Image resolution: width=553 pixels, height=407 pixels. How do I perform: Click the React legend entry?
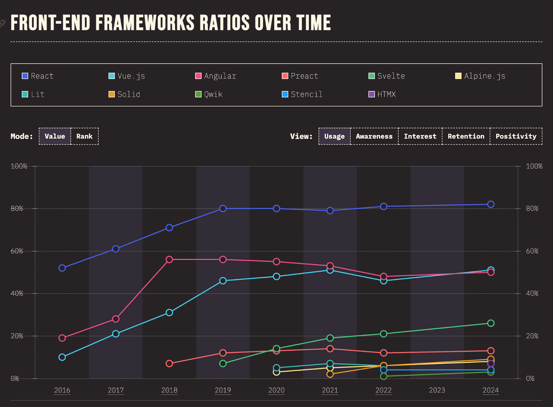[x=38, y=76]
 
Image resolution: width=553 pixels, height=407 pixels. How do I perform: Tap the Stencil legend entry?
[x=302, y=94]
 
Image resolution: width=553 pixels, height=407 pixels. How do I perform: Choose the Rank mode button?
[x=84, y=136]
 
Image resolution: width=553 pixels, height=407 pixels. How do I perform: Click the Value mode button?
[x=55, y=136]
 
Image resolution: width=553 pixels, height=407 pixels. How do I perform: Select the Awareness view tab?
[x=374, y=136]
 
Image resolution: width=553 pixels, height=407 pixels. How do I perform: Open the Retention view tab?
[x=466, y=136]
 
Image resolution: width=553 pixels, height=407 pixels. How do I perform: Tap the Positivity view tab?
[x=516, y=136]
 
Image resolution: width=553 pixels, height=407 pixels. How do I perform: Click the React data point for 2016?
[x=62, y=268]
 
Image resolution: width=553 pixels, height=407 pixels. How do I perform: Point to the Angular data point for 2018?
[x=169, y=259]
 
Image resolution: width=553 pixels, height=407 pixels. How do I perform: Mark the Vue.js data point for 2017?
[x=116, y=334]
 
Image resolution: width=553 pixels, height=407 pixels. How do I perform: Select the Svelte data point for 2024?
[x=491, y=323]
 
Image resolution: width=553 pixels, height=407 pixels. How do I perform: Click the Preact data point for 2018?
[x=169, y=363]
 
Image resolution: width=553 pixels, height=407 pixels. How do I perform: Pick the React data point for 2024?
[x=491, y=204]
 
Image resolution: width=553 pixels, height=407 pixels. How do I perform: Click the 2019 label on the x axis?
[x=223, y=390]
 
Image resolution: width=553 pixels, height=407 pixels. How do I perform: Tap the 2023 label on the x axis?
[x=437, y=390]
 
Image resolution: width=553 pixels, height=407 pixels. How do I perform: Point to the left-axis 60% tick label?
[x=17, y=251]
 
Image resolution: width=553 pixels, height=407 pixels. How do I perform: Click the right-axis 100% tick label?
[x=534, y=166]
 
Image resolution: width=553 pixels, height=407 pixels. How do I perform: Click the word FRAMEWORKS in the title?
[x=145, y=23]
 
